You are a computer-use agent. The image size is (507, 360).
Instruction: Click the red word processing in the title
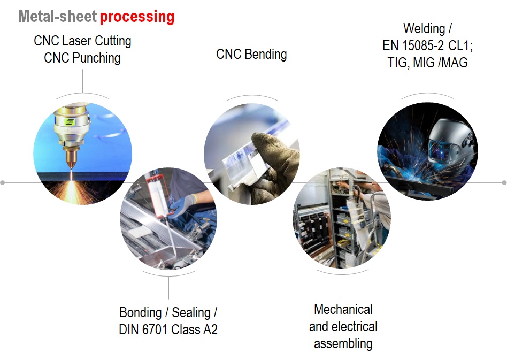(x=137, y=17)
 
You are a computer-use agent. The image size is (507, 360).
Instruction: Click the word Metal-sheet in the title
(x=58, y=16)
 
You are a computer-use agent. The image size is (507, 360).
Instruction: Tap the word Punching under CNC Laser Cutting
(x=96, y=58)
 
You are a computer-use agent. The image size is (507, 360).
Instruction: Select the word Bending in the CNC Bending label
(x=266, y=55)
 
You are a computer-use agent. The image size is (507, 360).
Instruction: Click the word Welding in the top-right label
(x=425, y=28)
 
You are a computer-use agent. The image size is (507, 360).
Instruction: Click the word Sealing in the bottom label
(x=191, y=313)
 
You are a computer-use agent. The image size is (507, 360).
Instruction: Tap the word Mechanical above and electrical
(x=343, y=310)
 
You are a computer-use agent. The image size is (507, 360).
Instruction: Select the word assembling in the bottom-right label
(x=343, y=343)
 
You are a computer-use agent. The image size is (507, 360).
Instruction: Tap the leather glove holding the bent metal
(x=274, y=162)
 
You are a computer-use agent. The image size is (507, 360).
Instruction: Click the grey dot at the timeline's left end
(x=3, y=183)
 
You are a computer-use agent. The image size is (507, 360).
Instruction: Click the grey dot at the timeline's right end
(x=504, y=183)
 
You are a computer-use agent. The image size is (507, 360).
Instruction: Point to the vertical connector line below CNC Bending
(x=252, y=83)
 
